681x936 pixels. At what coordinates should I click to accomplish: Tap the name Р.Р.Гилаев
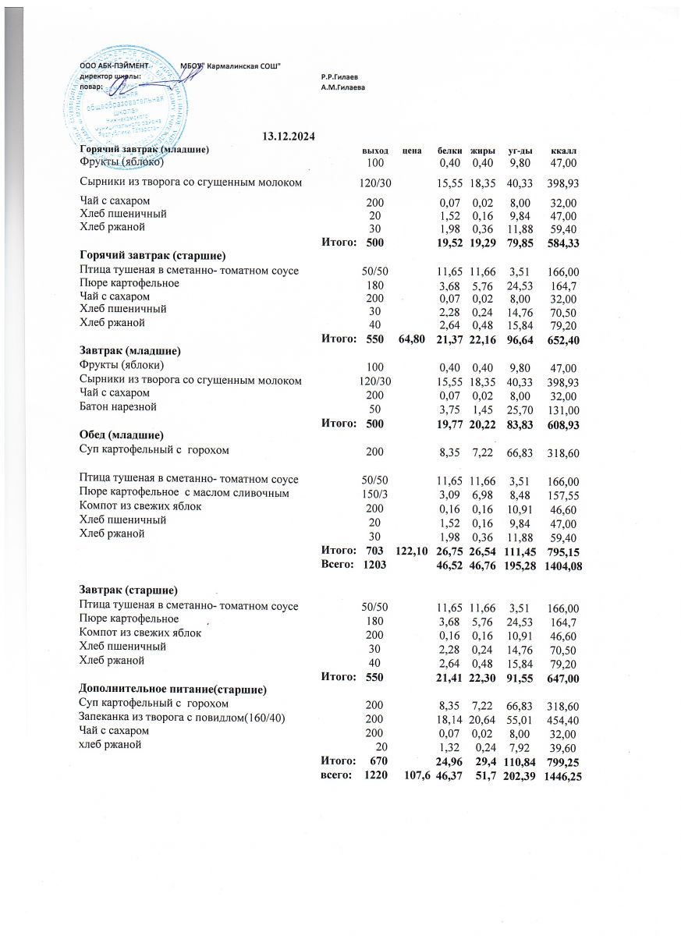tap(339, 76)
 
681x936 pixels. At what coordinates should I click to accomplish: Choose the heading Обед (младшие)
tap(121, 434)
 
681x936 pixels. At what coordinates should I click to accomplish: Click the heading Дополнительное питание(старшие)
tap(173, 690)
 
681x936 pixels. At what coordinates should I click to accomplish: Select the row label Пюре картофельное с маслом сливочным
tap(184, 493)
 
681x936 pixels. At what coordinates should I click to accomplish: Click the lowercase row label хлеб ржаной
tap(110, 745)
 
